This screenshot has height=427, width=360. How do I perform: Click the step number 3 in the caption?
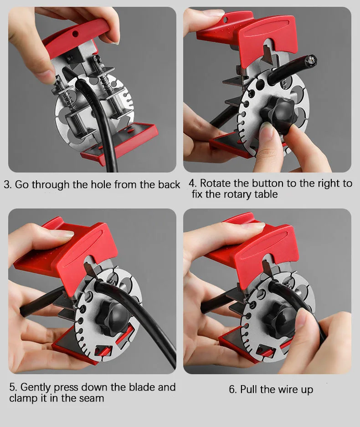pyautogui.click(x=7, y=185)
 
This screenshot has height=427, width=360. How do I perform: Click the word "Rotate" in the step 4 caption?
pyautogui.click(x=215, y=183)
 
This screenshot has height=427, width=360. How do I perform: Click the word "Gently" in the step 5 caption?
pyautogui.click(x=36, y=387)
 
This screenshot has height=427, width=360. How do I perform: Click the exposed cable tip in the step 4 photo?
pyautogui.click(x=312, y=60)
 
